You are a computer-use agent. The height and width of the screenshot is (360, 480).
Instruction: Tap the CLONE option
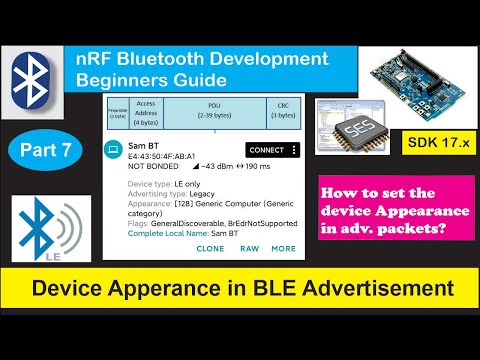click(x=211, y=248)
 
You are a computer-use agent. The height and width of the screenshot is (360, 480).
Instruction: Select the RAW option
click(x=249, y=248)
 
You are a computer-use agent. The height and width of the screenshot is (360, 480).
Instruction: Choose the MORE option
click(x=283, y=248)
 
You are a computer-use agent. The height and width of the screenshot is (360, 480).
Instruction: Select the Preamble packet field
click(x=118, y=112)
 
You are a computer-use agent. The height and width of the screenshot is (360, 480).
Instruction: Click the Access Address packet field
click(x=147, y=112)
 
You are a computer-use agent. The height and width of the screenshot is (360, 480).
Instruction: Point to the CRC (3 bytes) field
click(x=281, y=112)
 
